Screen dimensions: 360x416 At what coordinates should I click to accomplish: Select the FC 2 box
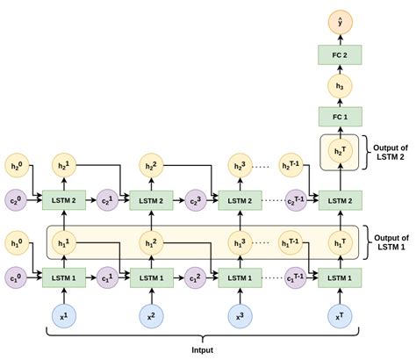[339, 54]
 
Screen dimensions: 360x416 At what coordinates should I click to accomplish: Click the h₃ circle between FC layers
[339, 86]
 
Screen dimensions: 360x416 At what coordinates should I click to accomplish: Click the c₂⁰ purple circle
[15, 200]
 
